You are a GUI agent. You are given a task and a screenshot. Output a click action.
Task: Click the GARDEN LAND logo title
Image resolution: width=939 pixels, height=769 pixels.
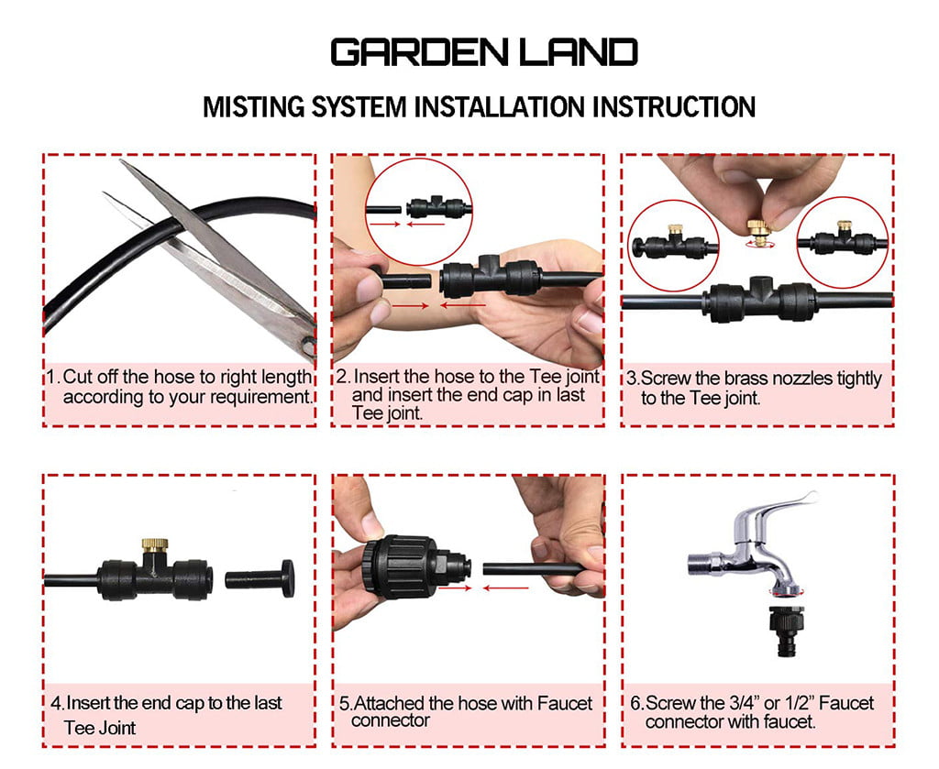tap(483, 52)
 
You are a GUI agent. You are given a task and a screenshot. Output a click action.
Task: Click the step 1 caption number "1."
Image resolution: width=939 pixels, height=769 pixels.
tap(54, 378)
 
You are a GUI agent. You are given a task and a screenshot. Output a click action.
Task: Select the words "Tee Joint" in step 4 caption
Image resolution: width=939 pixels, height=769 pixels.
tap(100, 728)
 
